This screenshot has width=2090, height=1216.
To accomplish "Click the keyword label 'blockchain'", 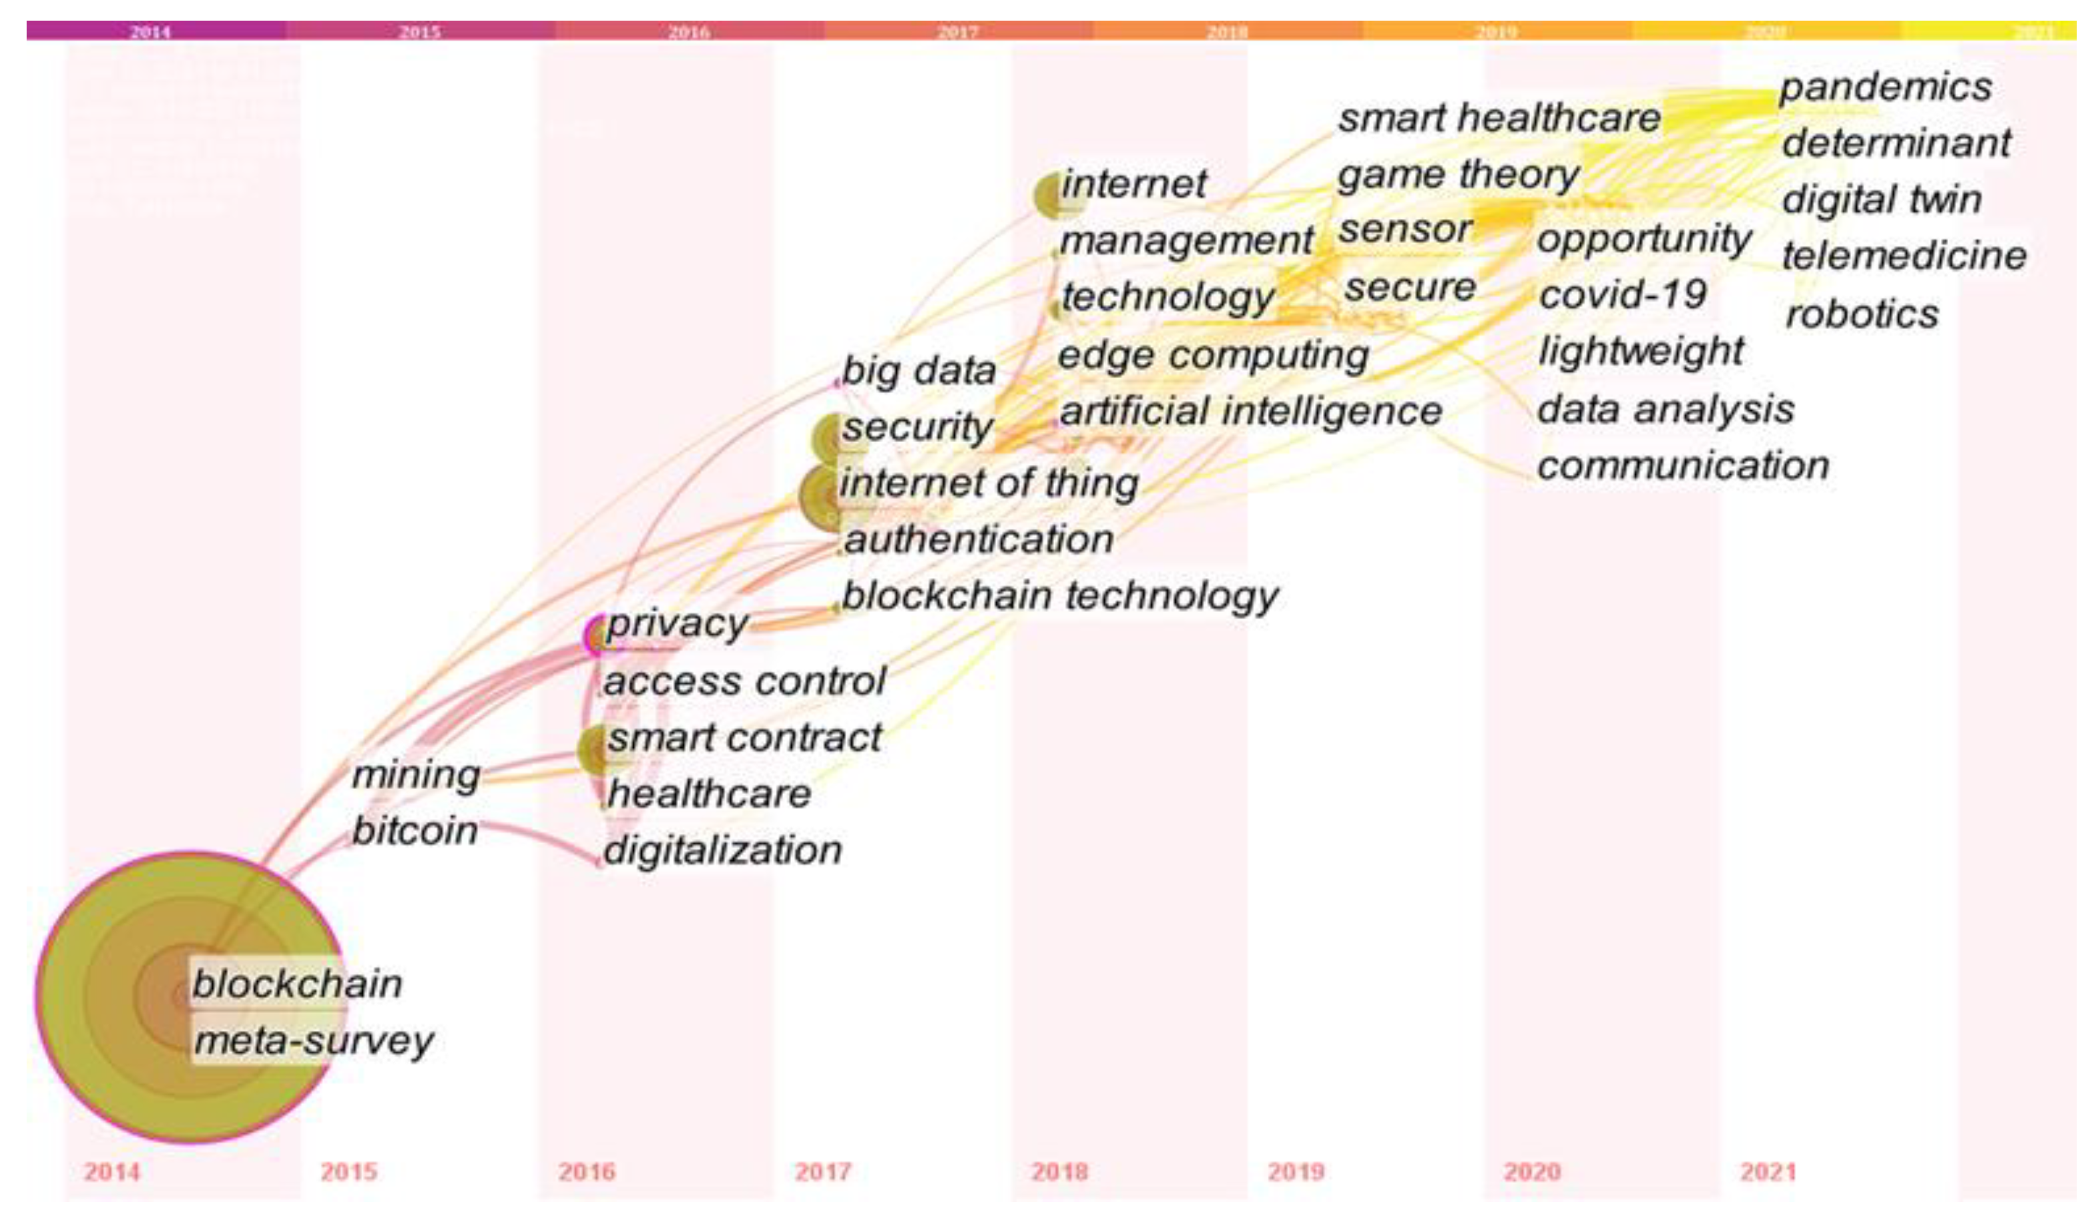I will pyautogui.click(x=297, y=984).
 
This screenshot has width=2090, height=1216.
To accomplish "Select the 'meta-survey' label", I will pyautogui.click(x=314, y=1041).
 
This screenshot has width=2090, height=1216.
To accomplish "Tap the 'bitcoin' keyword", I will pyautogui.click(x=415, y=831).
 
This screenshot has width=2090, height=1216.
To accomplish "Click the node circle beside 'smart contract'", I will pyautogui.click(x=594, y=751).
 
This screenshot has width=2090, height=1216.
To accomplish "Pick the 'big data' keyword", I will pyautogui.click(x=919, y=371).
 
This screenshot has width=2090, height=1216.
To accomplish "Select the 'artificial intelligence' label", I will pyautogui.click(x=1250, y=412).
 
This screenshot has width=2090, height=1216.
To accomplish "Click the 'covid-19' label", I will pyautogui.click(x=1622, y=295).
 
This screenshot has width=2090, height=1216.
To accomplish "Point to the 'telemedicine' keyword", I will pyautogui.click(x=1904, y=256).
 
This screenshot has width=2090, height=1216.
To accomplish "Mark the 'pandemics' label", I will pyautogui.click(x=1885, y=87).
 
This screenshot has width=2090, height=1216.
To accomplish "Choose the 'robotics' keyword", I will pyautogui.click(x=1862, y=314).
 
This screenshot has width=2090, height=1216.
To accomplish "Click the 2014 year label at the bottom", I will pyautogui.click(x=112, y=1172).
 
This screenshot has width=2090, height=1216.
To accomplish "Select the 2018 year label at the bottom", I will pyautogui.click(x=1059, y=1172).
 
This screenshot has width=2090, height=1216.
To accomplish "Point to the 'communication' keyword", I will pyautogui.click(x=1683, y=466).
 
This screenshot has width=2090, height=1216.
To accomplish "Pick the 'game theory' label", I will pyautogui.click(x=1458, y=175).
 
